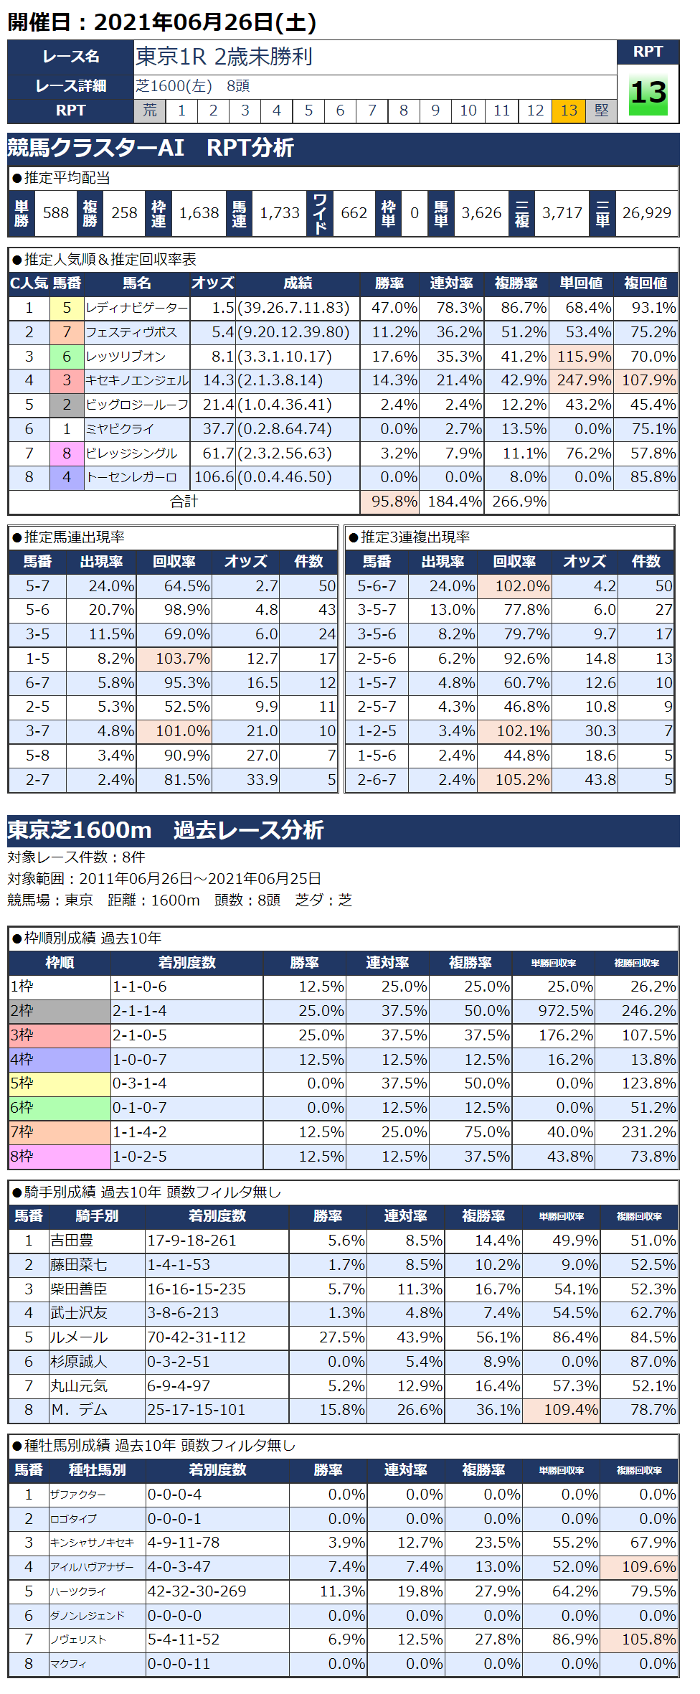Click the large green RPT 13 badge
point(648,93)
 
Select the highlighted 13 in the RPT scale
point(569,110)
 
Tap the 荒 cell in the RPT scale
point(150,110)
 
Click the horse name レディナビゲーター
point(136,308)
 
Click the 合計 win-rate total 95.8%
point(394,502)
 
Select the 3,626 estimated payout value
point(481,213)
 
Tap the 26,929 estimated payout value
point(646,213)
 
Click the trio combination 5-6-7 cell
point(377,586)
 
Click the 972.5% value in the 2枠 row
point(565,1011)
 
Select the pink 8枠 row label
point(60,1157)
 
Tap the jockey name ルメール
point(79,1337)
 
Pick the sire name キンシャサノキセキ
point(92,1543)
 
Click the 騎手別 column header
point(98,1216)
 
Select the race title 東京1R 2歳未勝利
point(224,56)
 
